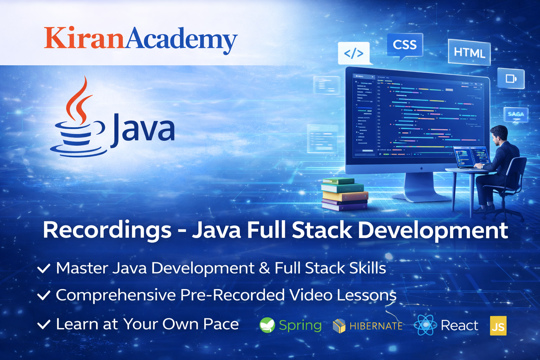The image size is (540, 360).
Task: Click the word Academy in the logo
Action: (181, 39)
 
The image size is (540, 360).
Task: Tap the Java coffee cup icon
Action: (78, 127)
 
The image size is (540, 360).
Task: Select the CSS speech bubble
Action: (405, 45)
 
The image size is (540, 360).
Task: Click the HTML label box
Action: (469, 53)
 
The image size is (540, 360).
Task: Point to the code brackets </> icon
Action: (354, 53)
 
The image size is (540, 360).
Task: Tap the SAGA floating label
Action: (516, 114)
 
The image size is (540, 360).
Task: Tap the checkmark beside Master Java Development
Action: (44, 269)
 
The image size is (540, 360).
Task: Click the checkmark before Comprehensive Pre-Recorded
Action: (44, 295)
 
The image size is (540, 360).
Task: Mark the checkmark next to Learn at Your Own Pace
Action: (44, 324)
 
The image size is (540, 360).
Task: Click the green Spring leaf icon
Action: (267, 325)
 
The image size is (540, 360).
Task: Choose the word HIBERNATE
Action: (376, 326)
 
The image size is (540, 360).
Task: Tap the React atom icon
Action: (425, 325)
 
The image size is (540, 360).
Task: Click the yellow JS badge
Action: (498, 326)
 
